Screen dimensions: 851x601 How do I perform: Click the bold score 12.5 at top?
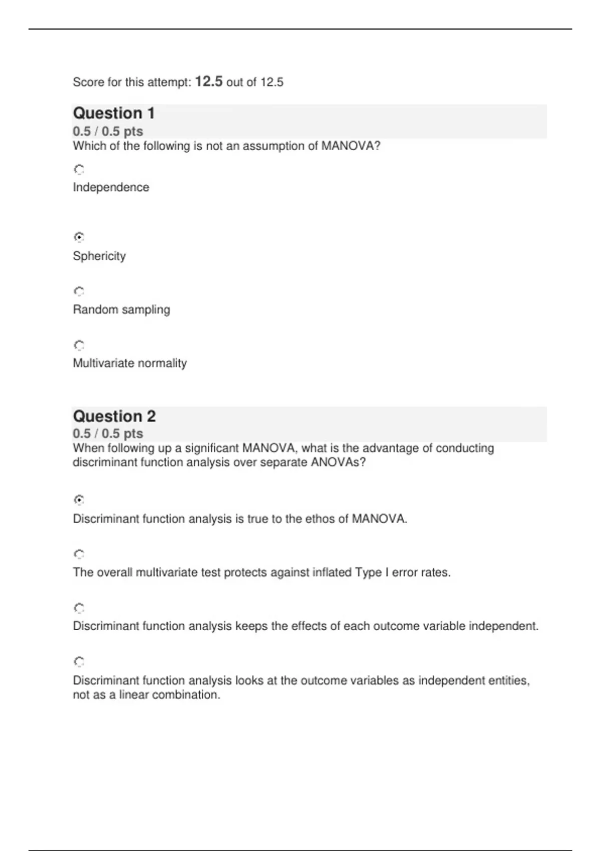click(208, 81)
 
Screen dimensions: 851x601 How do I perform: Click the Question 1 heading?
click(114, 113)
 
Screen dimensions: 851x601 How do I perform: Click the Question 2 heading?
click(114, 416)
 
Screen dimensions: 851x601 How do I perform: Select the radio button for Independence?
click(79, 170)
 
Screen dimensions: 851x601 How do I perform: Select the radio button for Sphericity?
click(79, 237)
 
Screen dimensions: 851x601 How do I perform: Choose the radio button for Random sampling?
click(79, 291)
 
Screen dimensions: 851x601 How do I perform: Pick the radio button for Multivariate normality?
click(79, 345)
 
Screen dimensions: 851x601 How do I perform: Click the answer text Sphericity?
click(99, 256)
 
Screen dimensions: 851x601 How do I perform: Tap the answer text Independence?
click(111, 187)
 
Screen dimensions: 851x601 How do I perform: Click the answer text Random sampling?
click(121, 309)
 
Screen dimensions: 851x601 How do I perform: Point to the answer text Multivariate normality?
click(130, 363)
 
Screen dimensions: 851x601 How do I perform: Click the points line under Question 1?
click(108, 131)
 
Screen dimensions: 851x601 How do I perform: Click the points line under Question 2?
click(108, 434)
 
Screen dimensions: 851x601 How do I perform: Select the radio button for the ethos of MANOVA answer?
click(79, 500)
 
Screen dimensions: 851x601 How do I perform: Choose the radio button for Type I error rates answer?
click(79, 554)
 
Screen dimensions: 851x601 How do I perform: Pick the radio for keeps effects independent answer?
click(79, 608)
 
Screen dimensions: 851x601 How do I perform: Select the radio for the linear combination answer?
click(79, 662)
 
